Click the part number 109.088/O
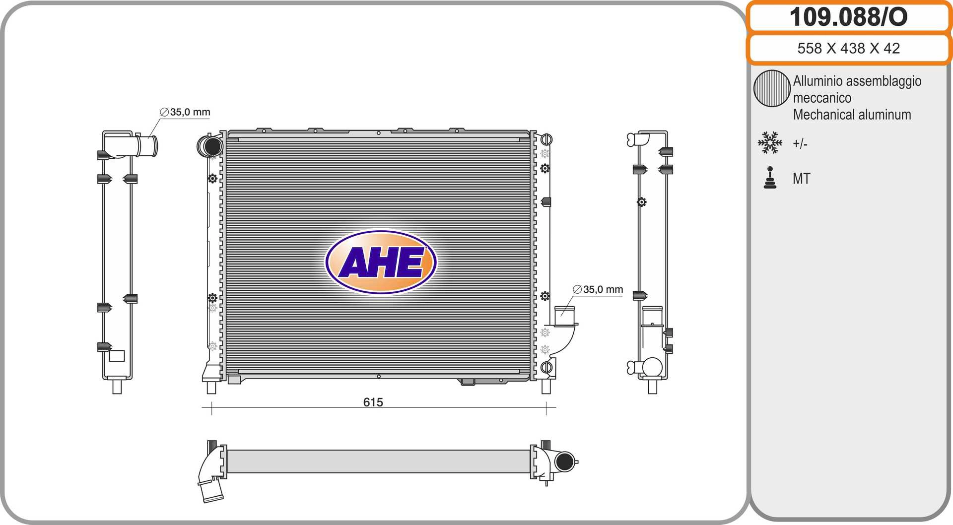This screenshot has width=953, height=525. click(x=848, y=17)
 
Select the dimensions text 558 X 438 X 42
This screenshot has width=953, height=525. click(x=848, y=48)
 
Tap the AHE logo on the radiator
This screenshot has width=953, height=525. click(x=381, y=262)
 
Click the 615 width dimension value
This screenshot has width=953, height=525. click(x=373, y=402)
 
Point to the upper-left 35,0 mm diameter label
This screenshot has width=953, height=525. click(x=185, y=112)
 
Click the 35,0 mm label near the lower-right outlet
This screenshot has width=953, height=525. click(x=598, y=289)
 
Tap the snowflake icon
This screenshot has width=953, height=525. click(x=770, y=142)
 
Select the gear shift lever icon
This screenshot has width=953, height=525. click(x=770, y=178)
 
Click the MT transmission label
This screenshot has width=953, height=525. click(x=801, y=179)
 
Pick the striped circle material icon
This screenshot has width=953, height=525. click(x=771, y=88)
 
